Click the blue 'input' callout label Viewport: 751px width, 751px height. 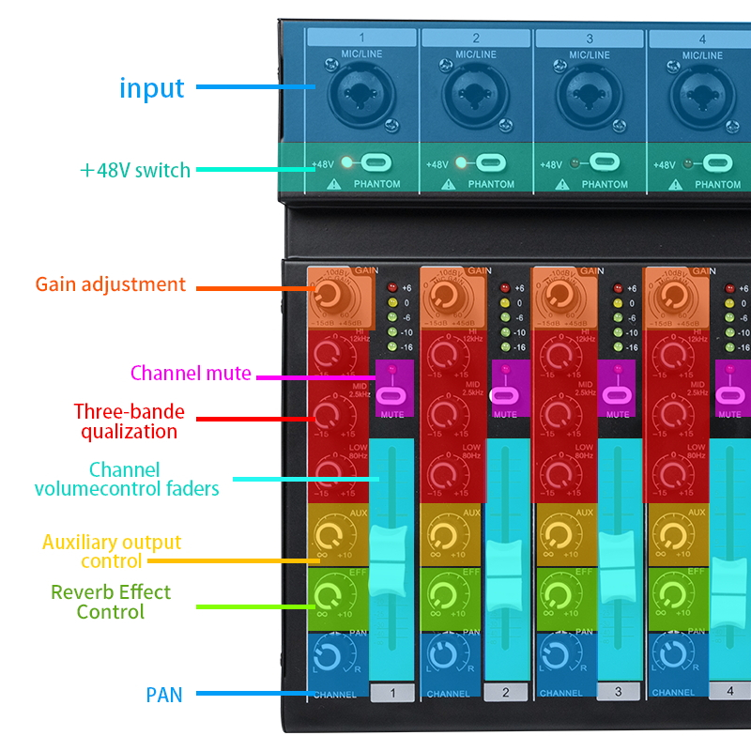[151, 88]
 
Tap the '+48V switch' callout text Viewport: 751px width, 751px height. [135, 170]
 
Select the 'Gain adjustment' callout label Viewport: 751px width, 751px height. [111, 284]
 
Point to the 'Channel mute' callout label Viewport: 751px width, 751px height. [191, 374]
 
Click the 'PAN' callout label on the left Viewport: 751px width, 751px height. [164, 695]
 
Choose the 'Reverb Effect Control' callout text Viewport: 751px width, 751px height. [111, 602]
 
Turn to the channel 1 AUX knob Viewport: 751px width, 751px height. [330, 537]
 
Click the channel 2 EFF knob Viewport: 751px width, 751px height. [444, 596]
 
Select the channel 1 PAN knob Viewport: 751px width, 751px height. [330, 655]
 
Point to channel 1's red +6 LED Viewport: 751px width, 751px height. [389, 288]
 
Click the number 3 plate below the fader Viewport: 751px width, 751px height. [618, 692]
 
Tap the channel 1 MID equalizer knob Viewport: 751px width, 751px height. [330, 412]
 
